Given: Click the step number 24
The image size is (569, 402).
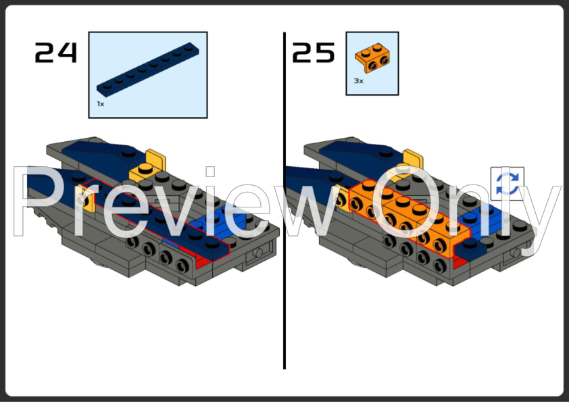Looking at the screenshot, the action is click(x=56, y=53).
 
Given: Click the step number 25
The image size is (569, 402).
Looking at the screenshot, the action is click(x=314, y=53).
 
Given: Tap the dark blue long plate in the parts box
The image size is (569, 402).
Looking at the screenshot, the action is click(x=148, y=70).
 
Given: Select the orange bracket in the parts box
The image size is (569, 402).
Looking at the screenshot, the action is click(x=372, y=57).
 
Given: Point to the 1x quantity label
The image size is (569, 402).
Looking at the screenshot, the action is click(x=101, y=104).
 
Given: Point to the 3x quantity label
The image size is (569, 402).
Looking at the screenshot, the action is click(x=359, y=81).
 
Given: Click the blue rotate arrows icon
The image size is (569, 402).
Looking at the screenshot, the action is click(x=508, y=184).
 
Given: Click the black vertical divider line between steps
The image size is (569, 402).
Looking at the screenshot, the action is click(x=284, y=201).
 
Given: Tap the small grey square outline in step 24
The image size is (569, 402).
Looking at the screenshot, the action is click(x=210, y=172).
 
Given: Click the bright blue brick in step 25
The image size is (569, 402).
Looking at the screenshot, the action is click(x=479, y=222).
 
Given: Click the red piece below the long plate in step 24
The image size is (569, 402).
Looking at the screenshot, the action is click(x=203, y=261).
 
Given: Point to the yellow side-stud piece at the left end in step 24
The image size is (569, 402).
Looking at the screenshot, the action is click(x=87, y=199).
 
